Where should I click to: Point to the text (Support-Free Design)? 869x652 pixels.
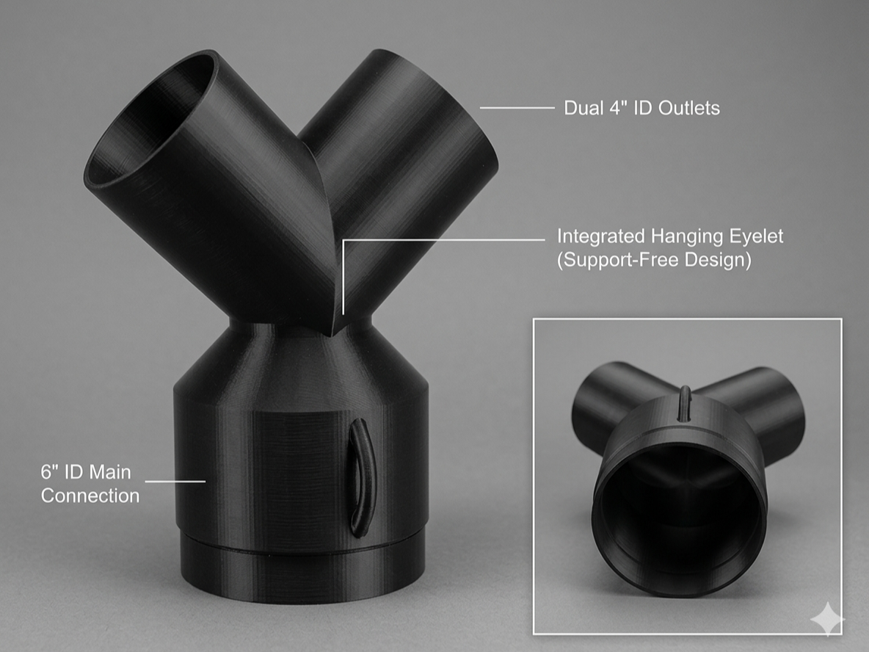click(654, 259)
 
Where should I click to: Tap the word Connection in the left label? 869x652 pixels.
click(90, 496)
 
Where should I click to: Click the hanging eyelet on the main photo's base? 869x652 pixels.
click(360, 478)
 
